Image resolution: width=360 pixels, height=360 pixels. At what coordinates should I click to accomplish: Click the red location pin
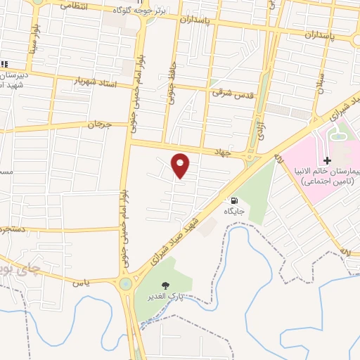coord(181,165)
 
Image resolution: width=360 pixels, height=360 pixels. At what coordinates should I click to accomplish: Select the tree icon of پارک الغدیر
coord(166,285)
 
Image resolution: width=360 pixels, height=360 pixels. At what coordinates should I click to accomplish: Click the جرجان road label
coord(95,124)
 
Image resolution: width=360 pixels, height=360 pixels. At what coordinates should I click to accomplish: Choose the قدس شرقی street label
coord(231,92)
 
